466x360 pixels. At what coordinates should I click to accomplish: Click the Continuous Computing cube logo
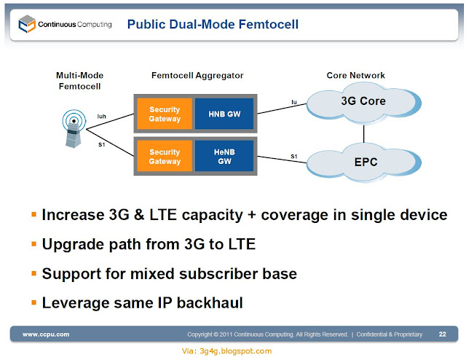27,24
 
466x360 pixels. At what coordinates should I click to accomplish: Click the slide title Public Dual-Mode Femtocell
213,24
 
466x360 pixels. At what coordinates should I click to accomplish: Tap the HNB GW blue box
224,114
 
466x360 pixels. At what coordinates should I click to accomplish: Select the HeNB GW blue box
224,157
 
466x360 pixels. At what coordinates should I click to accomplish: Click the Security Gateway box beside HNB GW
165,114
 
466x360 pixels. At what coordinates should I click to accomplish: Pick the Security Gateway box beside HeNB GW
165,157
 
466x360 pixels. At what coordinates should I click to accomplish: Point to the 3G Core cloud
363,103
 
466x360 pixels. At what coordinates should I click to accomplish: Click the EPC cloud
364,163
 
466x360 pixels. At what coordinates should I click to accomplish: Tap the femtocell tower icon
74,128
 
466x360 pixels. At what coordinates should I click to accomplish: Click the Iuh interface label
102,117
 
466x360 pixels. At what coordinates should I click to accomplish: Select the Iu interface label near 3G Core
294,102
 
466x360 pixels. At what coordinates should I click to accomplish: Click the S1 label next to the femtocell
102,144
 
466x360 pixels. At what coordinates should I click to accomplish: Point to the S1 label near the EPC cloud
294,156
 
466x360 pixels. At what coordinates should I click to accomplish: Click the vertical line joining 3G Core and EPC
364,134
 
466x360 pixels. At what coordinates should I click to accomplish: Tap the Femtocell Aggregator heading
197,76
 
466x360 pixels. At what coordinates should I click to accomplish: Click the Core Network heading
356,75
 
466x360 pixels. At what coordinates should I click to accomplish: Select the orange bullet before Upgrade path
34,244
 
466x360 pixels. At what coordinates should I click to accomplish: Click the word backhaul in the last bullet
210,303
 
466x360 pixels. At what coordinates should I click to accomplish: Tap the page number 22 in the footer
442,334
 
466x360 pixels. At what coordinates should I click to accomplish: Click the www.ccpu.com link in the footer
46,334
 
